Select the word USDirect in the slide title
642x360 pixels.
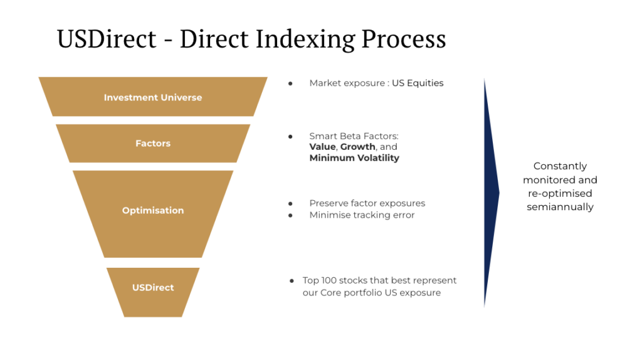[107, 39]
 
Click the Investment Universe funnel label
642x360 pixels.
[153, 97]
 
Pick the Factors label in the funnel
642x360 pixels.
[153, 144]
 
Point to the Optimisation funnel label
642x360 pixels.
[153, 211]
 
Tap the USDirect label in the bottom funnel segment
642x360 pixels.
[153, 287]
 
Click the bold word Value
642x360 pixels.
[322, 147]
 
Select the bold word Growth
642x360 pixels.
[357, 147]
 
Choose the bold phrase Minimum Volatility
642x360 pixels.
[354, 158]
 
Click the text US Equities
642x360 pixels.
[418, 83]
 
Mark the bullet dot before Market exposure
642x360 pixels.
[290, 83]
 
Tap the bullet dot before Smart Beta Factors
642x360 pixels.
[290, 136]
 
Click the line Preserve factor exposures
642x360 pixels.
[367, 203]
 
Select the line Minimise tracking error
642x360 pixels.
[362, 215]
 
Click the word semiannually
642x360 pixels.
[560, 207]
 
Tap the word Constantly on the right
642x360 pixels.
[560, 166]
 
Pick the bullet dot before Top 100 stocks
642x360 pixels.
[292, 281]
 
